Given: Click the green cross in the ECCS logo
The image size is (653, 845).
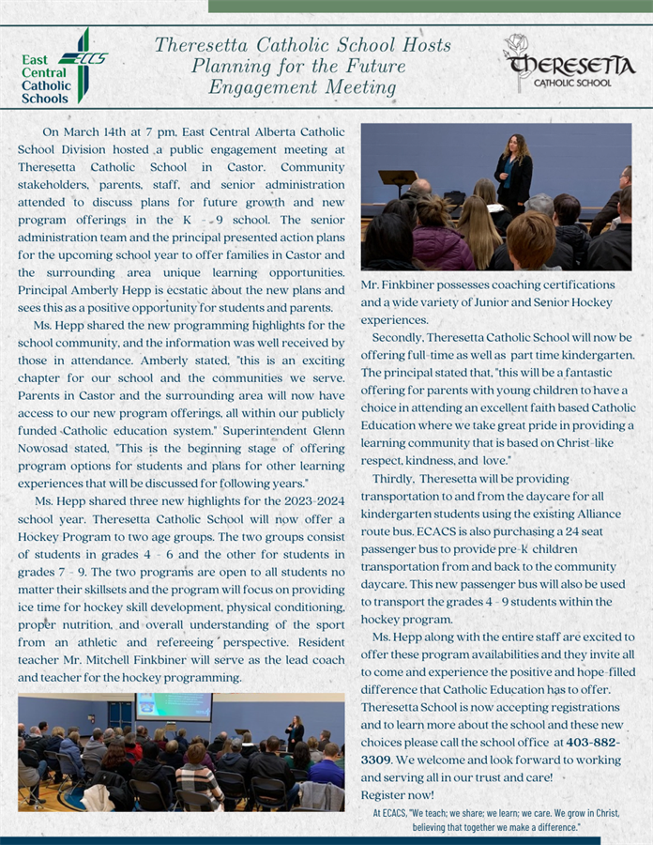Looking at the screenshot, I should coord(84,63).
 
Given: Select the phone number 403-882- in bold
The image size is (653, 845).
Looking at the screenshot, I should coord(593,742).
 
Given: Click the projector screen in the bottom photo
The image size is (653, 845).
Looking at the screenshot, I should coord(174,707).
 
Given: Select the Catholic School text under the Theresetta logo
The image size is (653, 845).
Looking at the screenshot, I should coord(572,83).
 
